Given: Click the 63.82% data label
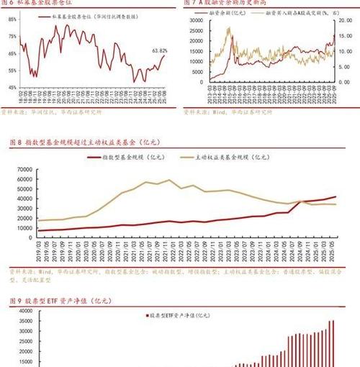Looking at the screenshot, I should pos(159,51).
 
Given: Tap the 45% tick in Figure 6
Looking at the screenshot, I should pos(12,87).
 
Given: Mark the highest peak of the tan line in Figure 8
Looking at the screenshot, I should pos(169,180).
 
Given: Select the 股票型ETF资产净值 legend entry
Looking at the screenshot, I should pos(180,315).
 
